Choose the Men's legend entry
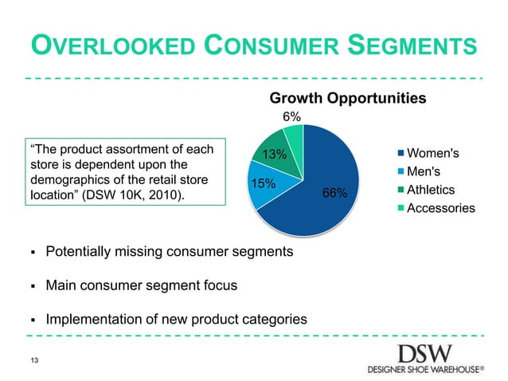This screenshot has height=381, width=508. click(424, 171)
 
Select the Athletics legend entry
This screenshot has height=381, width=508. click(430, 190)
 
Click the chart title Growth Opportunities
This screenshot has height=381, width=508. click(349, 98)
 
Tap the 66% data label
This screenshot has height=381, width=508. click(334, 192)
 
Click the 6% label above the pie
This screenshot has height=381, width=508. click(292, 116)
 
